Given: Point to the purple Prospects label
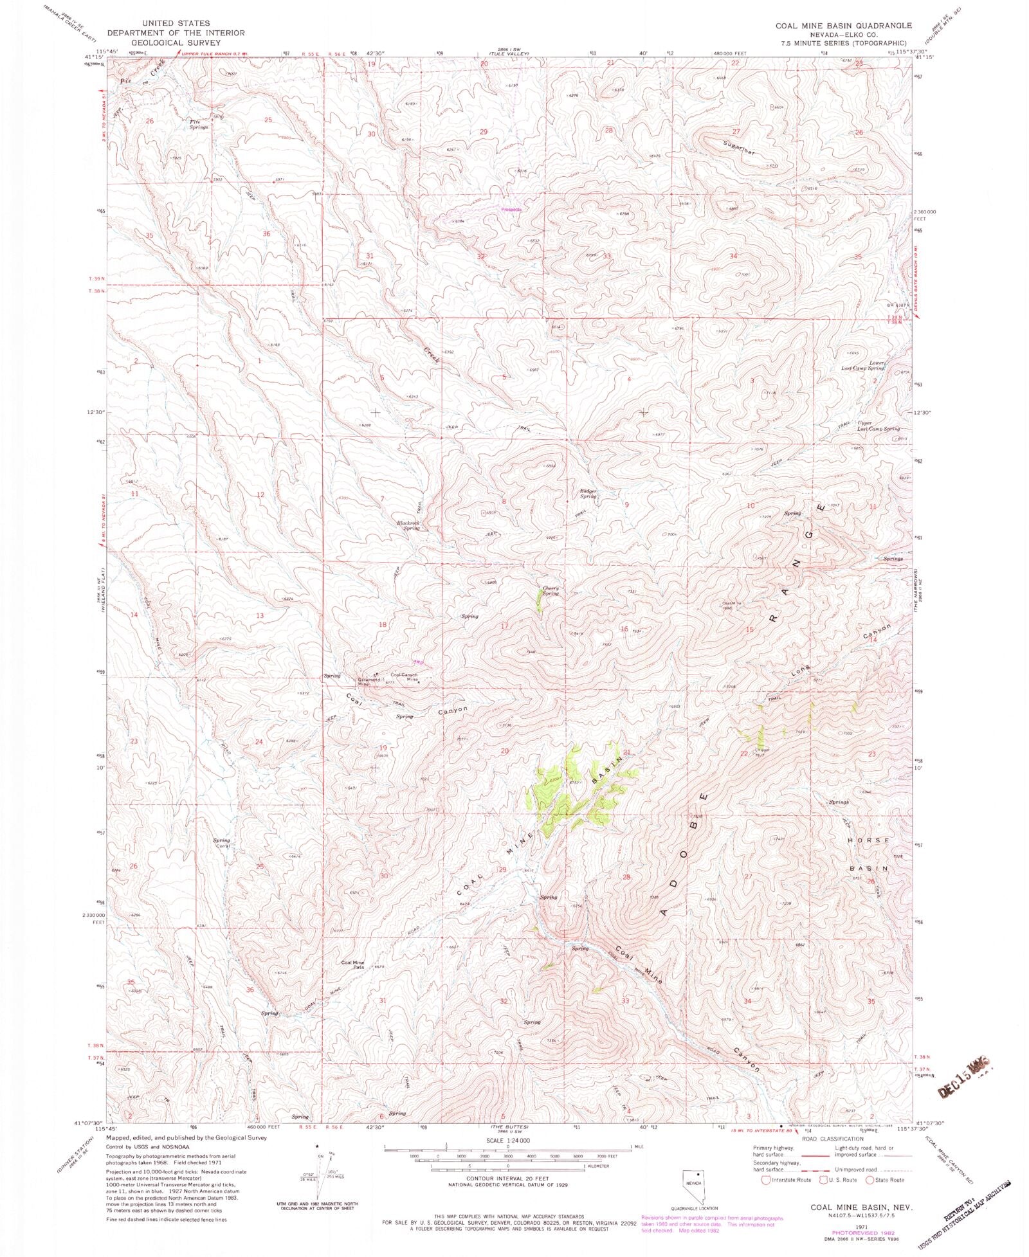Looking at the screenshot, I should point(511,209).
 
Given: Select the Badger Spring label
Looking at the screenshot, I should point(588,494).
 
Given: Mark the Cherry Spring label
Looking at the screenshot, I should point(550,590).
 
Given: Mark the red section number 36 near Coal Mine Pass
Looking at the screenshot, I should point(250,990).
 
